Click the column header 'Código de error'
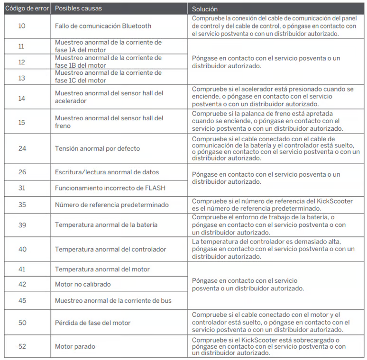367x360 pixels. tap(27, 9)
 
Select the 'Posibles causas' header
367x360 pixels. tap(78, 9)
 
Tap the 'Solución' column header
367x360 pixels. tap(205, 9)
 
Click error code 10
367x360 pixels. tap(22, 26)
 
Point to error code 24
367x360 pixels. tap(22, 148)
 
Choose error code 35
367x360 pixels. tap(22, 205)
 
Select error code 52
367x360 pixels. tap(22, 346)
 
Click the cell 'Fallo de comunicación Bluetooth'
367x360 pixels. tap(103, 26)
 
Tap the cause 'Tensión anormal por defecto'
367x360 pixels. tap(97, 148)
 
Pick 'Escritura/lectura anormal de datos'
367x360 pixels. tap(107, 172)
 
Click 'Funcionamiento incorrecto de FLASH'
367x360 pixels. tap(110, 188)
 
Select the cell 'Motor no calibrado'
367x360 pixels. tap(83, 284)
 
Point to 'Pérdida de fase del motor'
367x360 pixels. tap(92, 323)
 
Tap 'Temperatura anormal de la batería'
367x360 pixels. tap(106, 225)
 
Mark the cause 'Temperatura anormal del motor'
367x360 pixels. tap(102, 269)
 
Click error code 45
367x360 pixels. tap(22, 300)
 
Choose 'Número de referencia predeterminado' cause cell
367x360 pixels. tap(111, 205)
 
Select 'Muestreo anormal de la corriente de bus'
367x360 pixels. tap(113, 300)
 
